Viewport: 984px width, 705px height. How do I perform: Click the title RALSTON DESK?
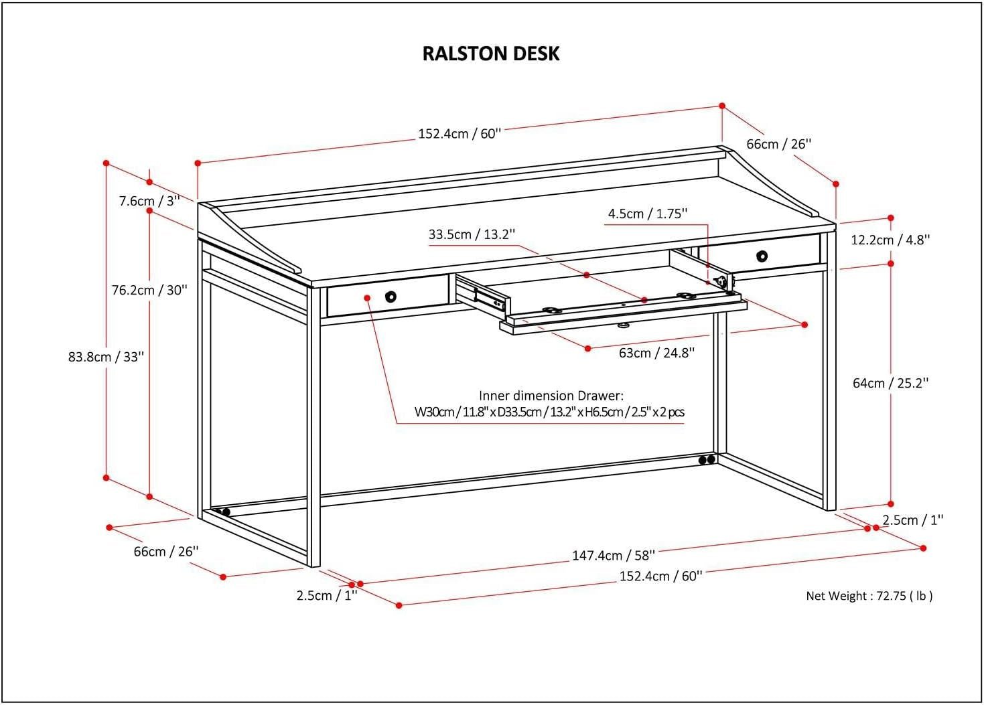tap(491, 54)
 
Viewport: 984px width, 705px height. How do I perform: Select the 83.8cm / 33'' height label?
tap(107, 357)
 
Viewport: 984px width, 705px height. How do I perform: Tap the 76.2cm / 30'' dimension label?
tap(149, 290)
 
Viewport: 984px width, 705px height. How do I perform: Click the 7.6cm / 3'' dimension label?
tap(149, 201)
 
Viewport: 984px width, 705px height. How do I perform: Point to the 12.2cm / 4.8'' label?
tap(890, 240)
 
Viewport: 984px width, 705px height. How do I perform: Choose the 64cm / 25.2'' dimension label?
tap(890, 383)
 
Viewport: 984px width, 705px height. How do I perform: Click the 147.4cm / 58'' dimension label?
tap(613, 555)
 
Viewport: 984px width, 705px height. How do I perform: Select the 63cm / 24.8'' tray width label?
tap(656, 353)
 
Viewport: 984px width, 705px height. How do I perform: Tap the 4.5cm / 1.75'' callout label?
tap(648, 214)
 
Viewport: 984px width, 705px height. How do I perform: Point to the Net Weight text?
tap(869, 596)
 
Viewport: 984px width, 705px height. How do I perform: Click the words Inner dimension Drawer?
tap(551, 396)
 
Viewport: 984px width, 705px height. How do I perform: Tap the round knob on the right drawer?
tap(762, 256)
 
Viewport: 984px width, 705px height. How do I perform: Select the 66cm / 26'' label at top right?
tap(779, 144)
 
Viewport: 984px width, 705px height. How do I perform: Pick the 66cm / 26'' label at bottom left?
tap(166, 552)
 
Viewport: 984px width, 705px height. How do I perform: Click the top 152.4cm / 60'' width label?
tap(460, 133)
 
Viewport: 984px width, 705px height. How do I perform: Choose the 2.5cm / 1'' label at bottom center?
tap(327, 595)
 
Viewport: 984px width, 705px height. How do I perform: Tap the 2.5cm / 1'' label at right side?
tap(912, 520)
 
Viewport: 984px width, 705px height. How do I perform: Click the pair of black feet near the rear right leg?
tap(705, 460)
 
